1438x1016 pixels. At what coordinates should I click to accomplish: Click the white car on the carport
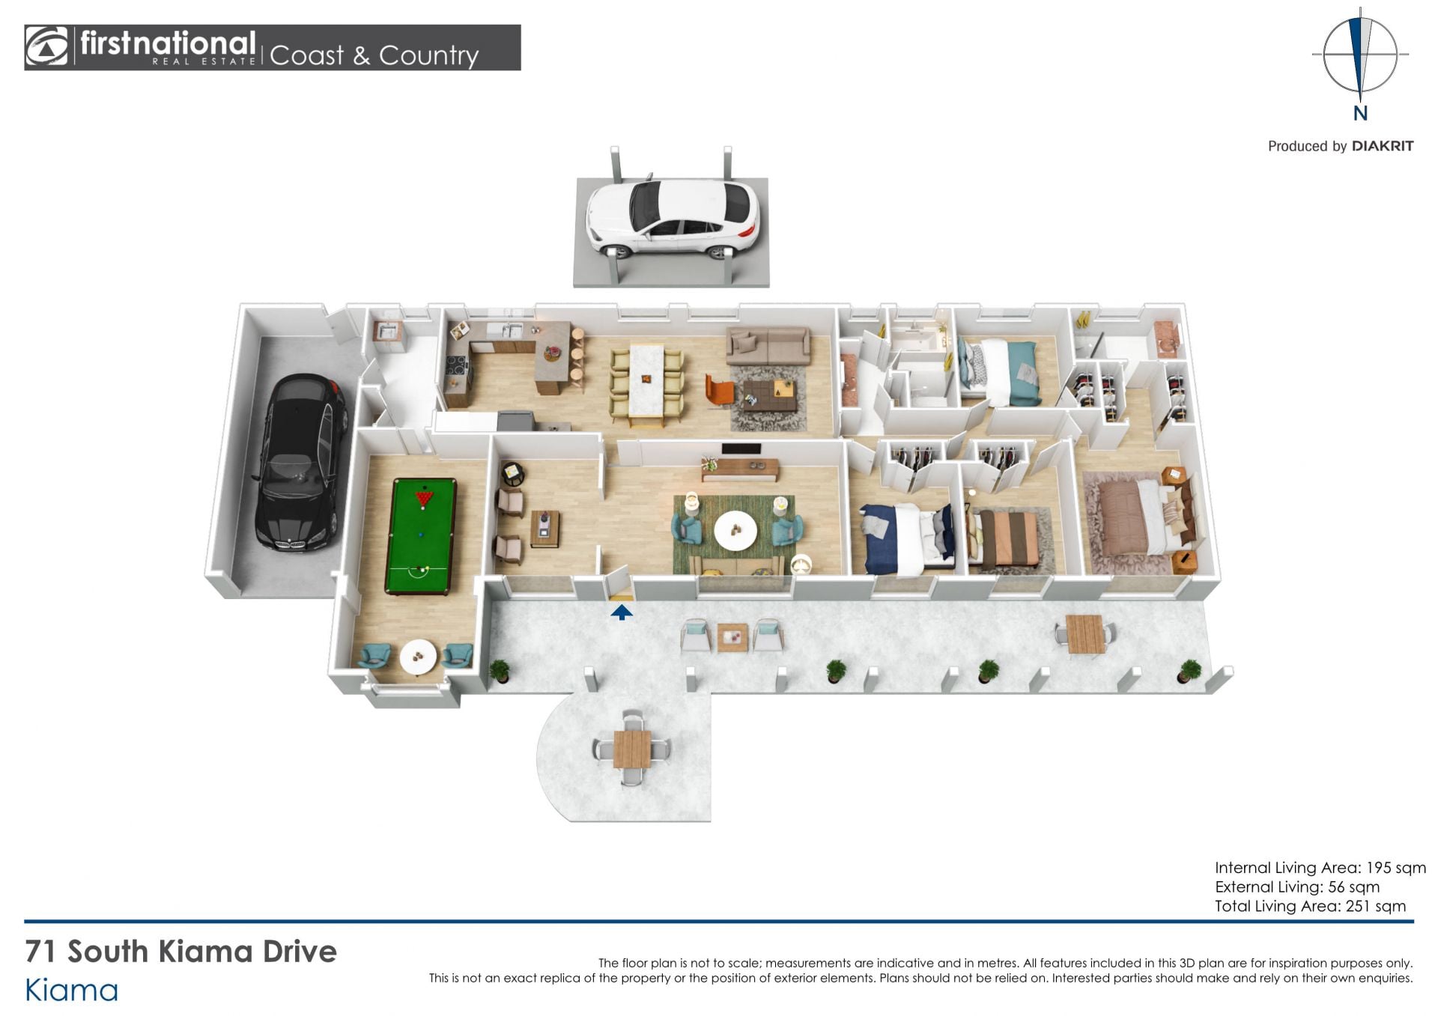pyautogui.click(x=671, y=216)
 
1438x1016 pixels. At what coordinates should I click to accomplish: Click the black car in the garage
pyautogui.click(x=301, y=462)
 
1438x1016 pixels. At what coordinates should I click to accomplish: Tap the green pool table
pyautogui.click(x=421, y=536)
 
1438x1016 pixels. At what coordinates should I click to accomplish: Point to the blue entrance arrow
pyautogui.click(x=621, y=612)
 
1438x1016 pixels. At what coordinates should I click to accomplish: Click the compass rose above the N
pyautogui.click(x=1360, y=55)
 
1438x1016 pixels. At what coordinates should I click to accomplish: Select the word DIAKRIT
pyautogui.click(x=1382, y=146)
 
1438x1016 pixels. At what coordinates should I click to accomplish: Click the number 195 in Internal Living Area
pyautogui.click(x=1379, y=868)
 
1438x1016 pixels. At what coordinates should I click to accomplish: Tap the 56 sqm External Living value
pyautogui.click(x=1353, y=887)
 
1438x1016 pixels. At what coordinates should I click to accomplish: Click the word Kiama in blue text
pyautogui.click(x=72, y=991)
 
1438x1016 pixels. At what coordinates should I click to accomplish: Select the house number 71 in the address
pyautogui.click(x=40, y=952)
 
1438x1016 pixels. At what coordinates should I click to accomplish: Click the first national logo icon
pyautogui.click(x=46, y=46)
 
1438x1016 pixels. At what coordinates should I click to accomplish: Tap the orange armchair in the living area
pyautogui.click(x=719, y=391)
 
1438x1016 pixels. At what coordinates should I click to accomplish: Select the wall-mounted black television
pyautogui.click(x=741, y=449)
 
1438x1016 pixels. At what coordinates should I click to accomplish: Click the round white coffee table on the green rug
pyautogui.click(x=735, y=530)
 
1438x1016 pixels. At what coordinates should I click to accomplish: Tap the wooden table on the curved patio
pyautogui.click(x=631, y=749)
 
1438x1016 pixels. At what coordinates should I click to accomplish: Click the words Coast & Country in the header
pyautogui.click(x=374, y=55)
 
